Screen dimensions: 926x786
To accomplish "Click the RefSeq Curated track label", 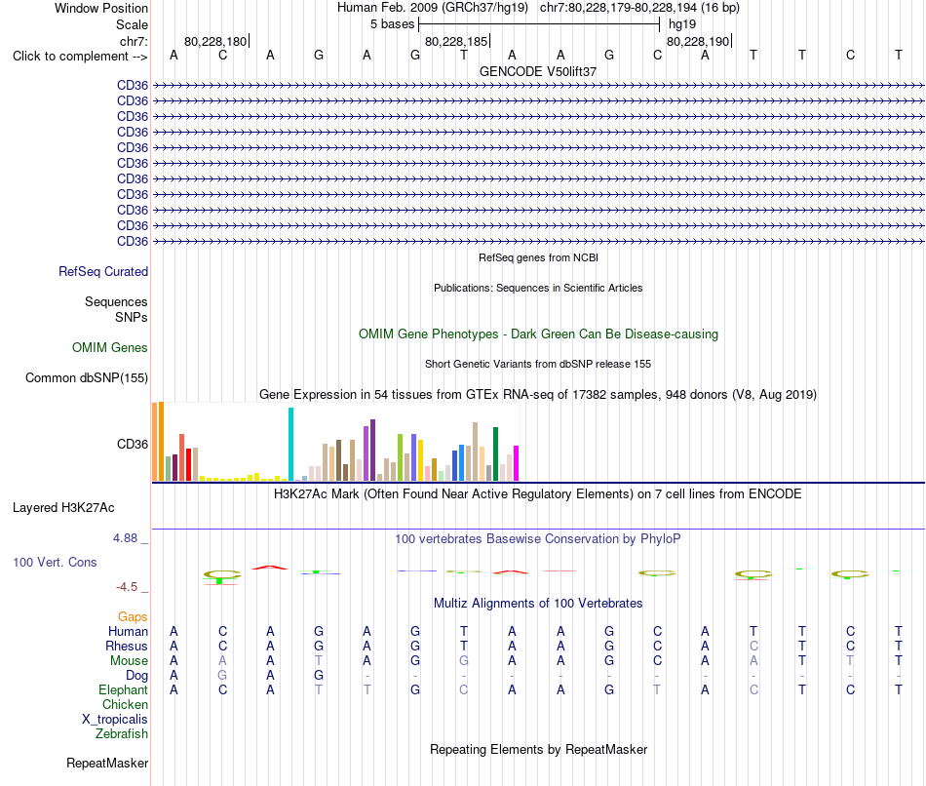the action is tap(103, 272).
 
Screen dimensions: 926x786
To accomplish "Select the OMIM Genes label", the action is tap(110, 347).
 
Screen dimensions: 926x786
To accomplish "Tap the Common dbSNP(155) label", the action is tap(87, 378).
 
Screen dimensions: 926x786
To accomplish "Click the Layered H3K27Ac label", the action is tap(63, 508).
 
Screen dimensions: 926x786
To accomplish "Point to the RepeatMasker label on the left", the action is tap(107, 763).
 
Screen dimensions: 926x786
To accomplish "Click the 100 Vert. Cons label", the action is tap(55, 562).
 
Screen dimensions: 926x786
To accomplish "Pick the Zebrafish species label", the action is tap(122, 734).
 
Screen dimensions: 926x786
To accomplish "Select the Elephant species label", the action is tap(124, 690).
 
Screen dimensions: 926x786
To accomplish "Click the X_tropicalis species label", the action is tap(115, 720).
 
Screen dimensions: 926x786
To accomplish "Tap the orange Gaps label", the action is tap(133, 617).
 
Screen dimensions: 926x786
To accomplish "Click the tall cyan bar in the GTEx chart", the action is tap(290, 445).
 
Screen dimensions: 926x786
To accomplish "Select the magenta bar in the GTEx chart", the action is tap(517, 463).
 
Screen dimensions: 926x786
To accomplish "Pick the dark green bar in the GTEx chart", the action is tap(496, 453).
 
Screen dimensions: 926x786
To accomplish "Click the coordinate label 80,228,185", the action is tap(456, 41).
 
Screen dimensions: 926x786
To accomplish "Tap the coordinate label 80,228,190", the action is tap(698, 41).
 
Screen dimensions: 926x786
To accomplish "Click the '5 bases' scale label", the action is tap(393, 24).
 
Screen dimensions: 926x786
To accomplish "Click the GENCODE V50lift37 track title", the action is tap(538, 71).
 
